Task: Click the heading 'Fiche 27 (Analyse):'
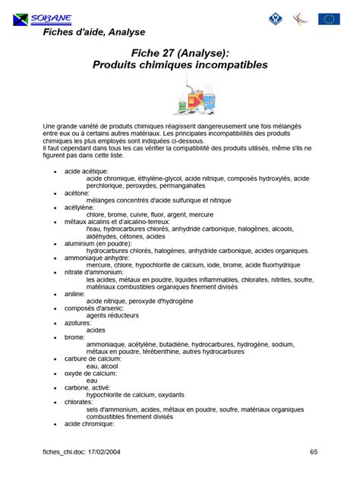pyautogui.click(x=179, y=52)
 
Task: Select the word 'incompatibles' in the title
pyautogui.click(x=225, y=65)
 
